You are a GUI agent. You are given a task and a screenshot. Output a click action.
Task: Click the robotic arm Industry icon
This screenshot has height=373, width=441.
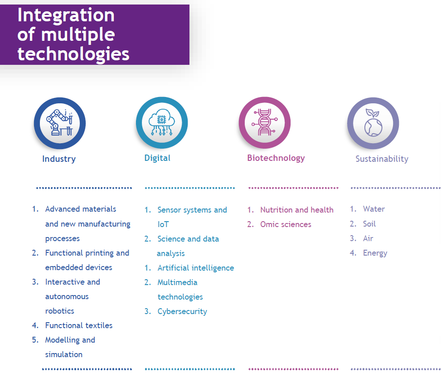pyautogui.click(x=60, y=123)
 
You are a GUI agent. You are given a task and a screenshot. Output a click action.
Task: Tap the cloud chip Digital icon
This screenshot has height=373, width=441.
pyautogui.click(x=162, y=123)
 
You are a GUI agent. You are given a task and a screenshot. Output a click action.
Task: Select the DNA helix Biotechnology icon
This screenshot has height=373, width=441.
pyautogui.click(x=265, y=123)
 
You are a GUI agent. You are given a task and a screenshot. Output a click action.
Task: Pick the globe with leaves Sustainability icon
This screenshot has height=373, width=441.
pyautogui.click(x=373, y=123)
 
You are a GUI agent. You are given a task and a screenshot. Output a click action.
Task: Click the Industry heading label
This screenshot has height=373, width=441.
pyautogui.click(x=59, y=159)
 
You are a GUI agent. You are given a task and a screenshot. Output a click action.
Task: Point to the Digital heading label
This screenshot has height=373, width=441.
pyautogui.click(x=157, y=158)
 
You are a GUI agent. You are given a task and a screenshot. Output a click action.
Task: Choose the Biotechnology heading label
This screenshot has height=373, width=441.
pyautogui.click(x=276, y=158)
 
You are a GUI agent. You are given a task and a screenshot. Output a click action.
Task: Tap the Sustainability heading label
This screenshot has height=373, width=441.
pyautogui.click(x=382, y=159)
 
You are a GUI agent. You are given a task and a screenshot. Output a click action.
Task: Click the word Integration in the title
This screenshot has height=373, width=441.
pyautogui.click(x=66, y=15)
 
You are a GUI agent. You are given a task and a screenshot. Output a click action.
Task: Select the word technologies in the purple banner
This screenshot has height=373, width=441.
pyautogui.click(x=73, y=53)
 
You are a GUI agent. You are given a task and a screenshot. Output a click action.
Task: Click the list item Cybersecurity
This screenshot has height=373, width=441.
pyautogui.click(x=182, y=311)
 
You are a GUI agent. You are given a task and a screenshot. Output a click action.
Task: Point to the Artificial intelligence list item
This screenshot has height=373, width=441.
pyautogui.click(x=196, y=268)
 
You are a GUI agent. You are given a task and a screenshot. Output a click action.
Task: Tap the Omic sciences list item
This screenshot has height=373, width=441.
pyautogui.click(x=286, y=224)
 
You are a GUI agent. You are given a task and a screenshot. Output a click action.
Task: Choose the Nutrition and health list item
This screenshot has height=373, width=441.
pyautogui.click(x=297, y=210)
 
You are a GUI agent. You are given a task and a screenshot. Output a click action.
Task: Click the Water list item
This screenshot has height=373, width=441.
pyautogui.click(x=374, y=209)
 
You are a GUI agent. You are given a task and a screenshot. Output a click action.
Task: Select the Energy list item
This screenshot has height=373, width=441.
pyautogui.click(x=375, y=253)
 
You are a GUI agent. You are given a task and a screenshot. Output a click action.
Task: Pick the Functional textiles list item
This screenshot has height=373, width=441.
pyautogui.click(x=79, y=325)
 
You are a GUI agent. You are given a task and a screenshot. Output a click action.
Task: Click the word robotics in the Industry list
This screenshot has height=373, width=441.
pyautogui.click(x=60, y=311)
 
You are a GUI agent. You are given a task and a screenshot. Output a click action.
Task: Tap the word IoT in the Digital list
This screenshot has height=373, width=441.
pyautogui.click(x=163, y=224)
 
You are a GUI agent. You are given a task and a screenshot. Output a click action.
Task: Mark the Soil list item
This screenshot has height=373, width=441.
pyautogui.click(x=369, y=224)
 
